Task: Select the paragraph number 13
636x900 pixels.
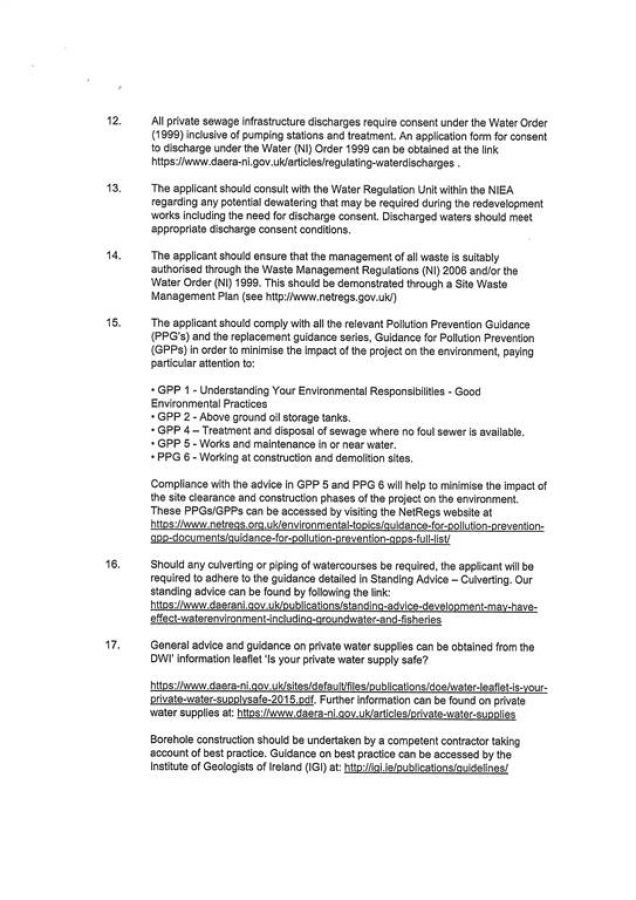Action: coord(113,187)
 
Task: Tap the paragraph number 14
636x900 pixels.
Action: coord(113,255)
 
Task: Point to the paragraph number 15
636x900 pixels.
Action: coord(113,323)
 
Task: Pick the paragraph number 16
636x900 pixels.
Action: coord(113,563)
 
